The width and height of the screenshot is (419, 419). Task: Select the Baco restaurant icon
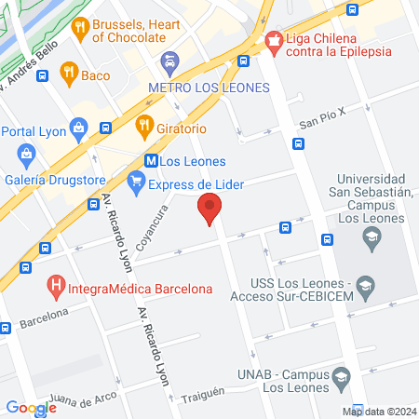point(68,71)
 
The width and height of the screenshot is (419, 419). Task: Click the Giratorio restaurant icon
point(144,123)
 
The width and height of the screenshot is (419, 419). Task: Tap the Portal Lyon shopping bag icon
point(79,128)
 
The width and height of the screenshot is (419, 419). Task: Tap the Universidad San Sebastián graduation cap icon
point(372,238)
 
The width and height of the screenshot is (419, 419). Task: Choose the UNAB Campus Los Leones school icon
point(340,378)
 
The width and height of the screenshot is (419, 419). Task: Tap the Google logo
point(31,407)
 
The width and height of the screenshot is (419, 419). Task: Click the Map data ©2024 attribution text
point(378,412)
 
